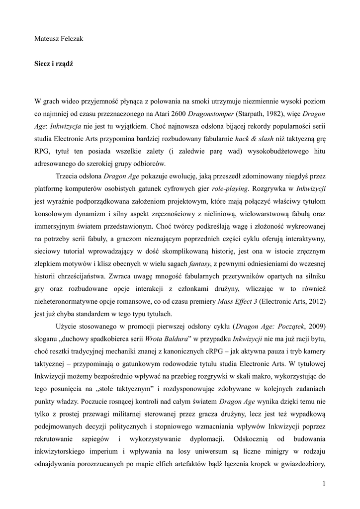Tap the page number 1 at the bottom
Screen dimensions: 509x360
[323, 483]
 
